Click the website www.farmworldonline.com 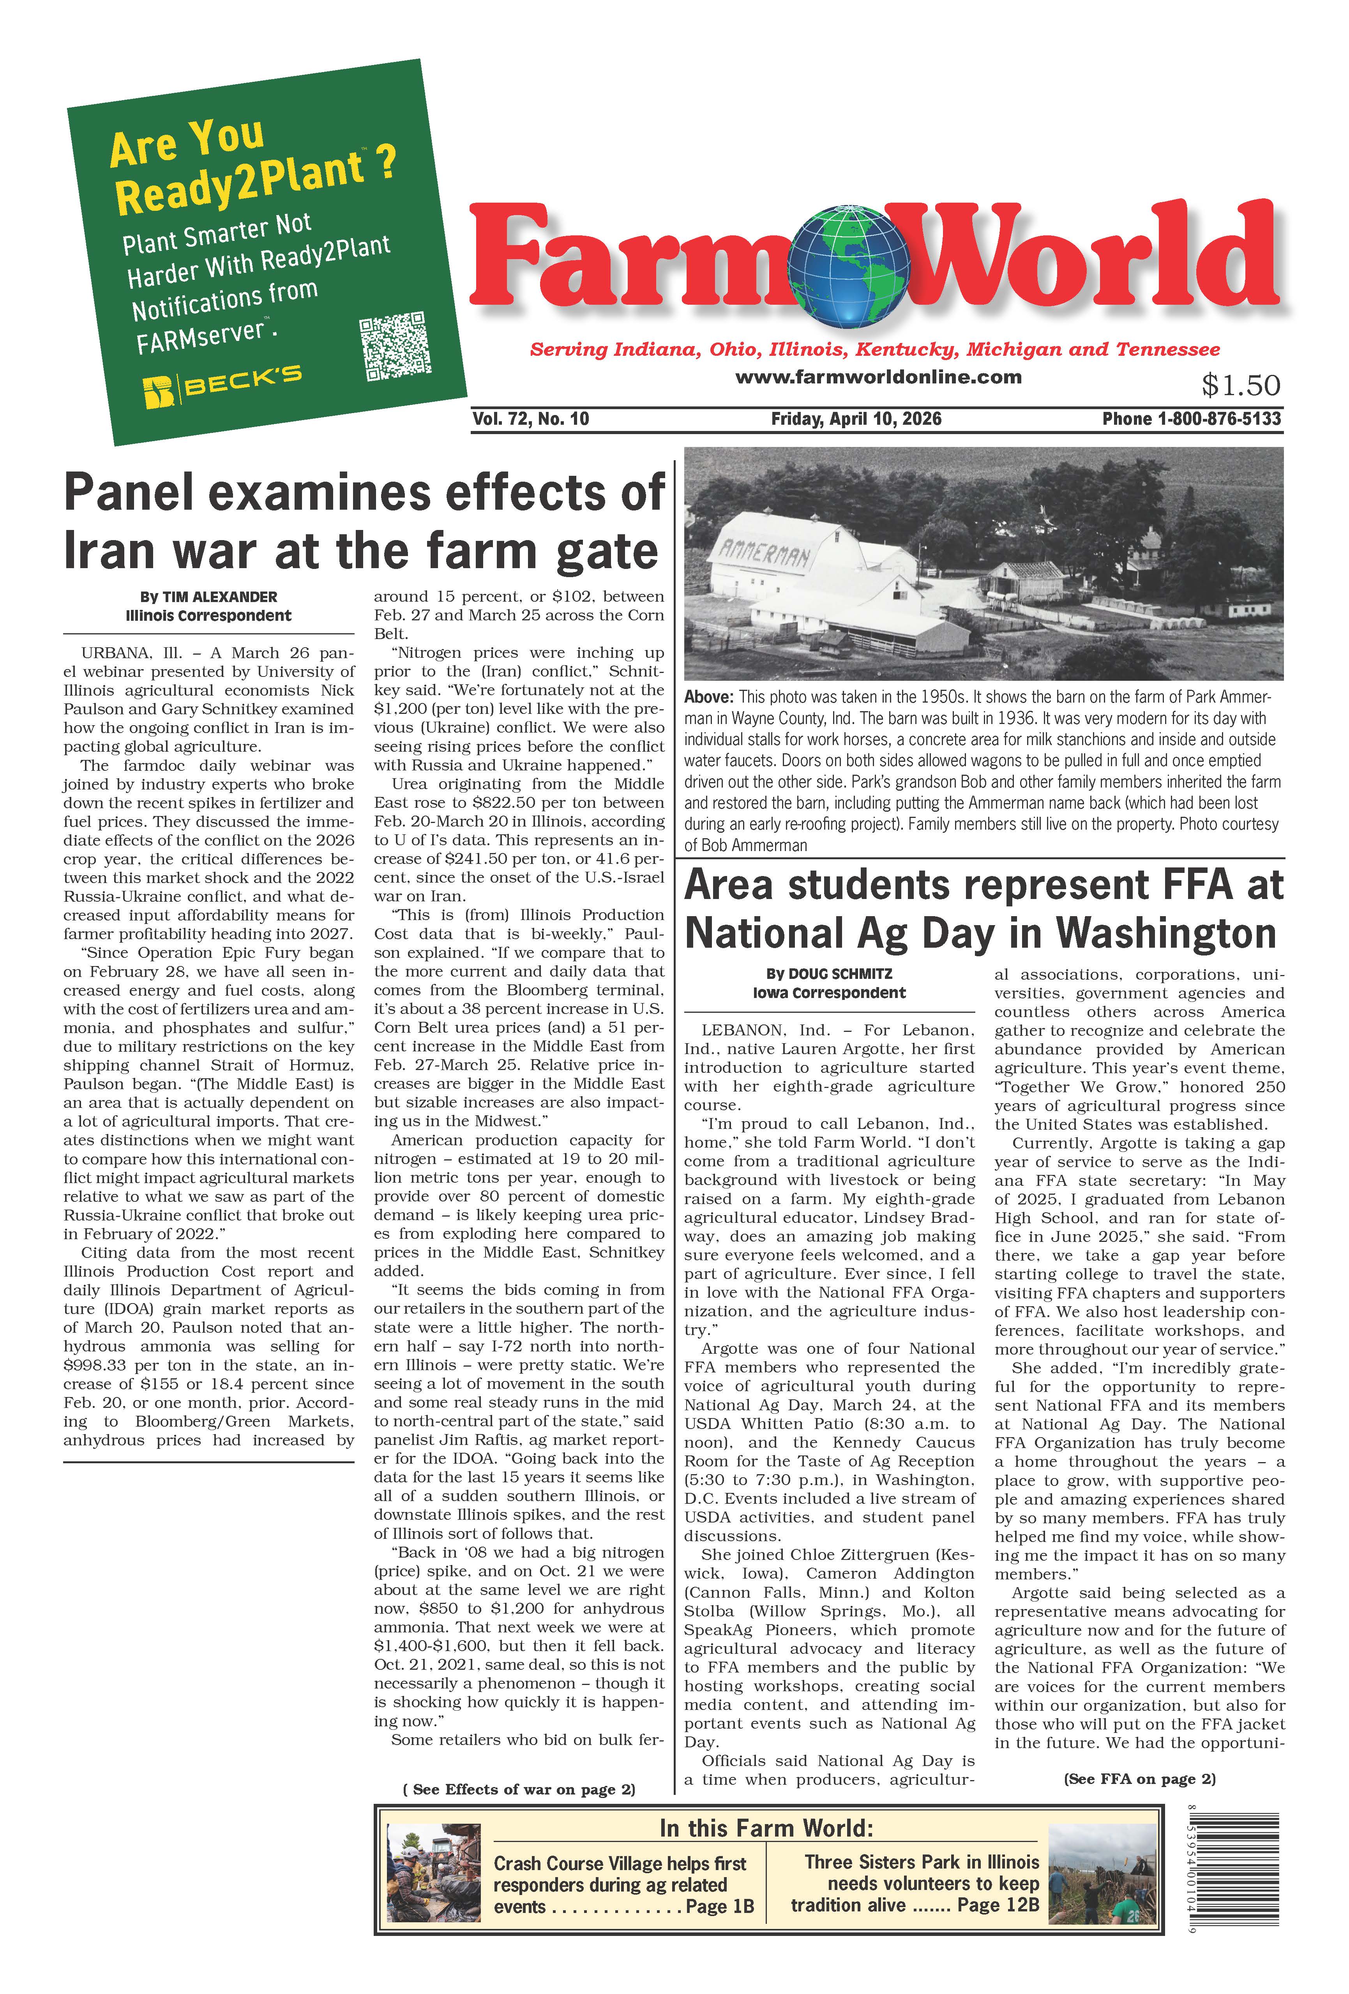click(x=878, y=377)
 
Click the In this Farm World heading click(x=765, y=1828)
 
